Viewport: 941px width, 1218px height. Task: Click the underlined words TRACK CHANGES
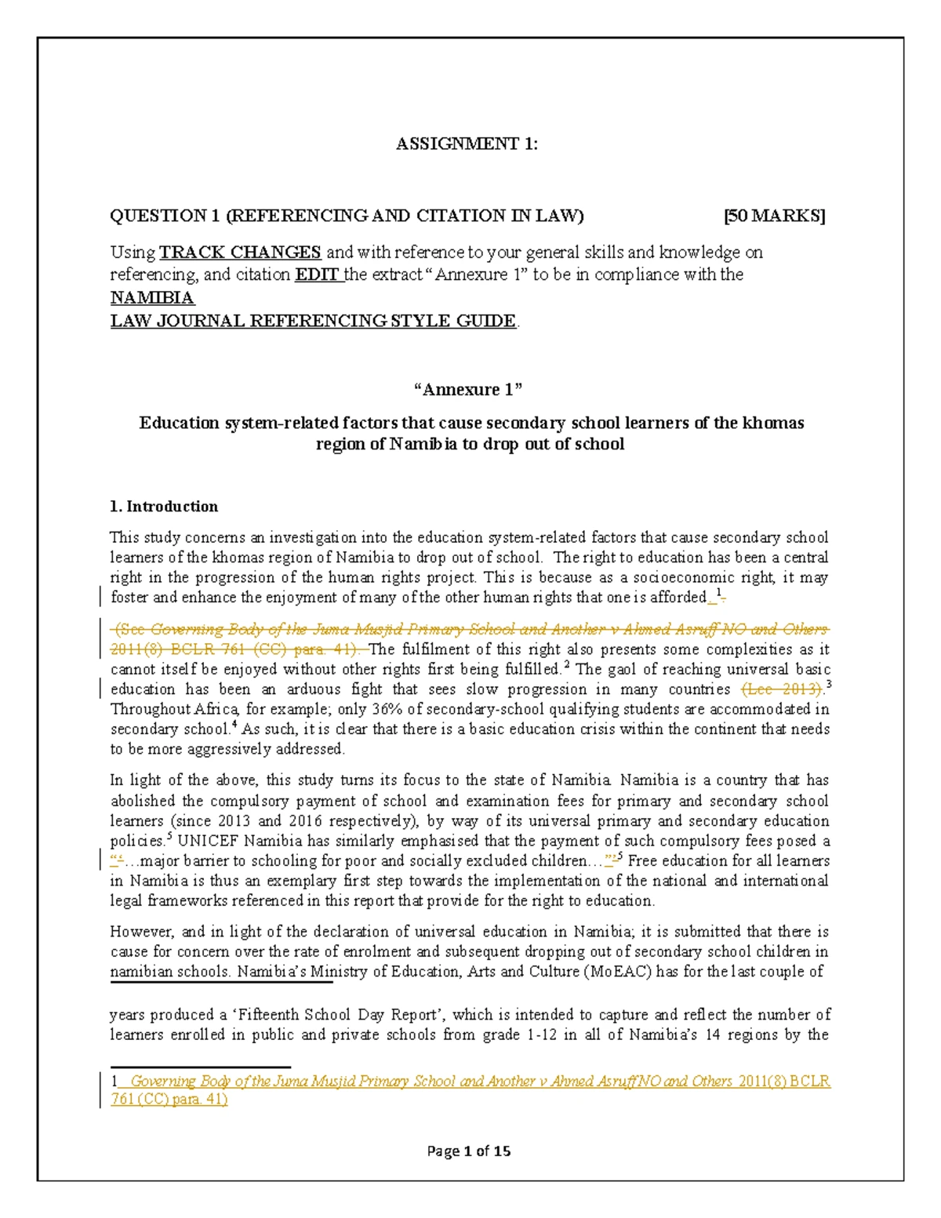[x=240, y=252]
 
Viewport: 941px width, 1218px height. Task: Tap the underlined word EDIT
[x=318, y=275]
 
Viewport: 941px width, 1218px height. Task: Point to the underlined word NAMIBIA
[x=152, y=298]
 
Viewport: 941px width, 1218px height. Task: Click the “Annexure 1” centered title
[x=467, y=390]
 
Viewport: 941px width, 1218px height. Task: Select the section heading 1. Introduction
[x=164, y=506]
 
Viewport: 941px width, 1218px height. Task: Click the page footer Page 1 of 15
[x=468, y=1151]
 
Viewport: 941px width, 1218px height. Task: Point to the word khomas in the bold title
[x=774, y=424]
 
